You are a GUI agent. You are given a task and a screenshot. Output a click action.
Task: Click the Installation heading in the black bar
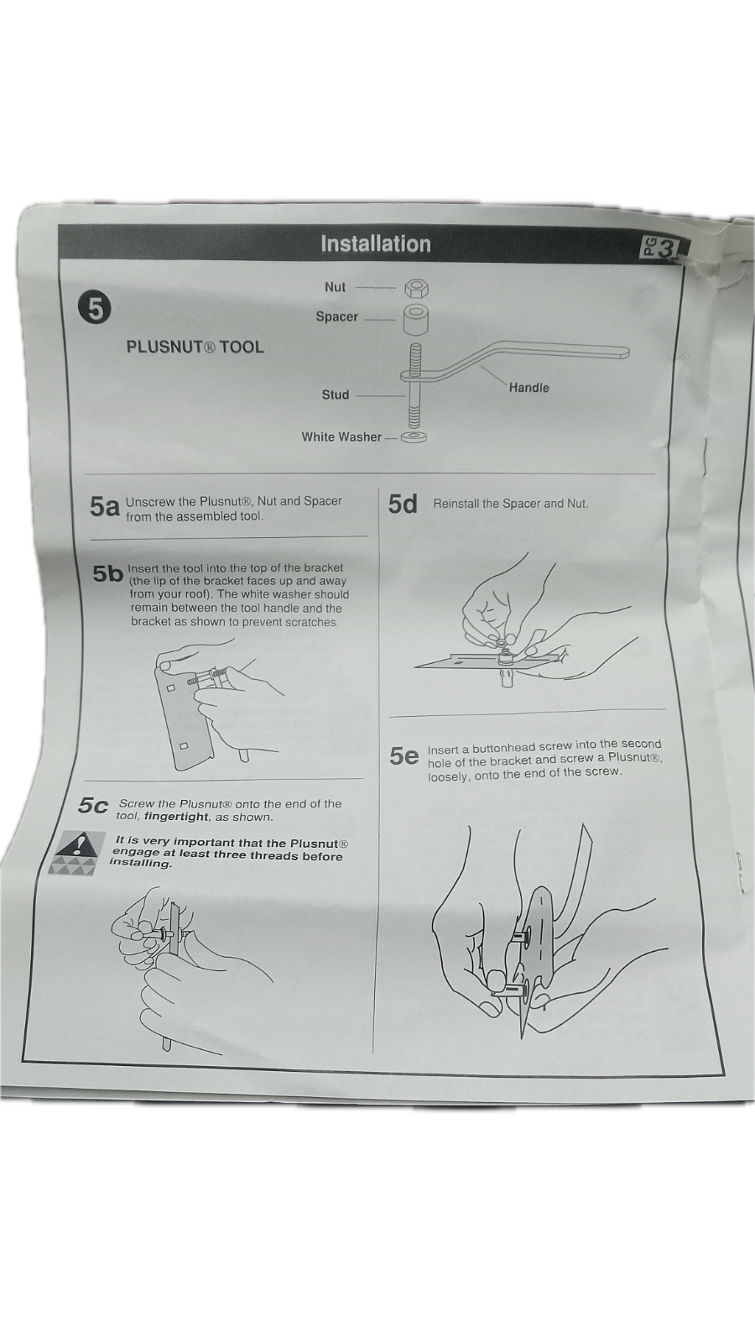click(x=375, y=244)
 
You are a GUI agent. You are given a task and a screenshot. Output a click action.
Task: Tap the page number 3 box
click(x=660, y=248)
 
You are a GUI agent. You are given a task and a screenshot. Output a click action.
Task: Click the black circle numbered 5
click(x=95, y=309)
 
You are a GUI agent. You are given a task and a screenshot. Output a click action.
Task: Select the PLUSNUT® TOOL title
click(x=195, y=347)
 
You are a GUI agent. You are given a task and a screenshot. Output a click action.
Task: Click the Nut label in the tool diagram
click(x=335, y=287)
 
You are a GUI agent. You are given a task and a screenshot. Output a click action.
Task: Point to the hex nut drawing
click(x=416, y=288)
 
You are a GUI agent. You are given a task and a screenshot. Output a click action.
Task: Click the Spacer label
click(x=336, y=316)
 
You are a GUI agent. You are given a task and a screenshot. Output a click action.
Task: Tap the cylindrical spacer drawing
click(x=416, y=321)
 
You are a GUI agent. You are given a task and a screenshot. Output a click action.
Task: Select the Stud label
click(x=335, y=395)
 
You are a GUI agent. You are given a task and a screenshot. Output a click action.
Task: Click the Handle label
click(x=528, y=387)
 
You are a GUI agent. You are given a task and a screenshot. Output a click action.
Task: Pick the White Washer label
click(x=341, y=436)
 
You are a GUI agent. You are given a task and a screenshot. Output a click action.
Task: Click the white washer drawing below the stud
click(x=414, y=437)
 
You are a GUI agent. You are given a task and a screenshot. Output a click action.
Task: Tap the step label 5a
click(x=105, y=507)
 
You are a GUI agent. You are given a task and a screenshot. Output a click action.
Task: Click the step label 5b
click(x=107, y=573)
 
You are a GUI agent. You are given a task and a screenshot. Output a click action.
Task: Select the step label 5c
click(x=93, y=806)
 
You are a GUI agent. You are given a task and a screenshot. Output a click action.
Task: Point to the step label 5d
click(x=403, y=504)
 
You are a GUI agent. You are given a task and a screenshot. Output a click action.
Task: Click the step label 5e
click(x=404, y=756)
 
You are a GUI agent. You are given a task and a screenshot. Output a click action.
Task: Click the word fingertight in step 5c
click(x=175, y=817)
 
